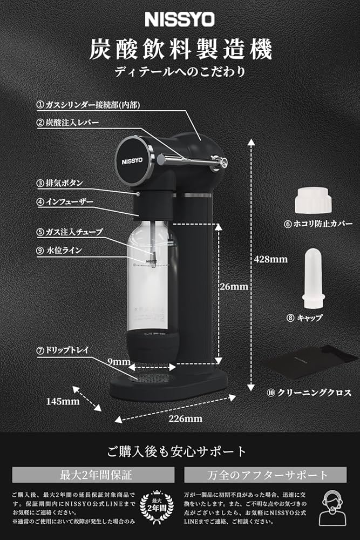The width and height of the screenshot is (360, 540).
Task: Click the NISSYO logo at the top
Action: (180, 20)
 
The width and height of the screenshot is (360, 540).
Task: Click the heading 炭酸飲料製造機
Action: (180, 49)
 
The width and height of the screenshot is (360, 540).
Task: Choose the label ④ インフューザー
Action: (65, 202)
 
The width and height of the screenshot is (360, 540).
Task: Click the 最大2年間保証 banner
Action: (93, 475)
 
